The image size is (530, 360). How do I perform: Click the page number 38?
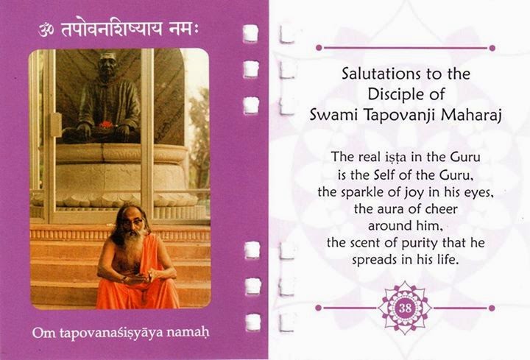tap(405, 308)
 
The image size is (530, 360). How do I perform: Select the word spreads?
tap(375, 260)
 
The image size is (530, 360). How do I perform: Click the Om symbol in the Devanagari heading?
tap(46, 29)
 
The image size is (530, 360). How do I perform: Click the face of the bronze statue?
tap(107, 67)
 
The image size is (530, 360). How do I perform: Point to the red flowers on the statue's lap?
tap(106, 124)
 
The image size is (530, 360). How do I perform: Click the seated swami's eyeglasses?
tap(132, 222)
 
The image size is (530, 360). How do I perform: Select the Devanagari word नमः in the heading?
tap(183, 29)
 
